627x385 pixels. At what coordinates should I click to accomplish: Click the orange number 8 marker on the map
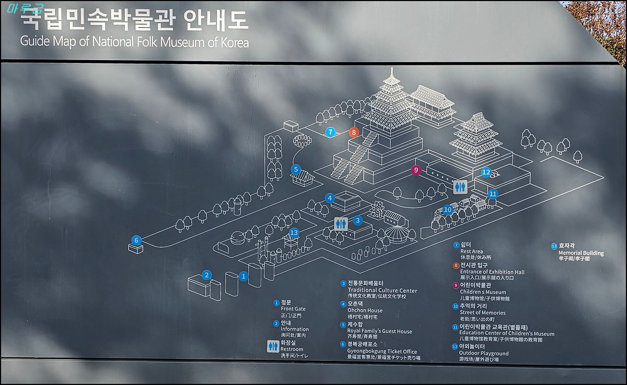354,132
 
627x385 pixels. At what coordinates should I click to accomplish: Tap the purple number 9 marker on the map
416,170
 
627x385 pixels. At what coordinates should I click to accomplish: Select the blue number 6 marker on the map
136,240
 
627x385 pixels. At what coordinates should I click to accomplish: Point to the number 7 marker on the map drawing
330,132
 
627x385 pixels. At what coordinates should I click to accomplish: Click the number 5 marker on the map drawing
296,169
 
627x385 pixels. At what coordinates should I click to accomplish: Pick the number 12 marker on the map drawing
486,172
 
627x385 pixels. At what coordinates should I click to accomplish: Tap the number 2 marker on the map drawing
207,275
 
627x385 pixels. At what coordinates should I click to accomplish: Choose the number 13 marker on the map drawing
294,232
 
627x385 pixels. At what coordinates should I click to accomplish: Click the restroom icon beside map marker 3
341,224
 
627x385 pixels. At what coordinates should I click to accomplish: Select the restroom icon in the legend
273,346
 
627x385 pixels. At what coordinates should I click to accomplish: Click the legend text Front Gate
293,309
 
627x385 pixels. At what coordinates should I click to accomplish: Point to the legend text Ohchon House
365,310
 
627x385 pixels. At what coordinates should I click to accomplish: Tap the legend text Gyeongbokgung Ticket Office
382,352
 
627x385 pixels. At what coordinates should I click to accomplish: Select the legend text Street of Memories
483,312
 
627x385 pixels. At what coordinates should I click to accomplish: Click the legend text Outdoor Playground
484,353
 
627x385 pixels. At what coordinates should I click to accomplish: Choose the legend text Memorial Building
580,253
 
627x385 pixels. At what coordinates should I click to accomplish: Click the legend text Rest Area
471,251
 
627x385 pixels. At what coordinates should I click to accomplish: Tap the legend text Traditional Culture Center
382,290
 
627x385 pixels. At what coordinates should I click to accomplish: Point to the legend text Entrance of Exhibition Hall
492,272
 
